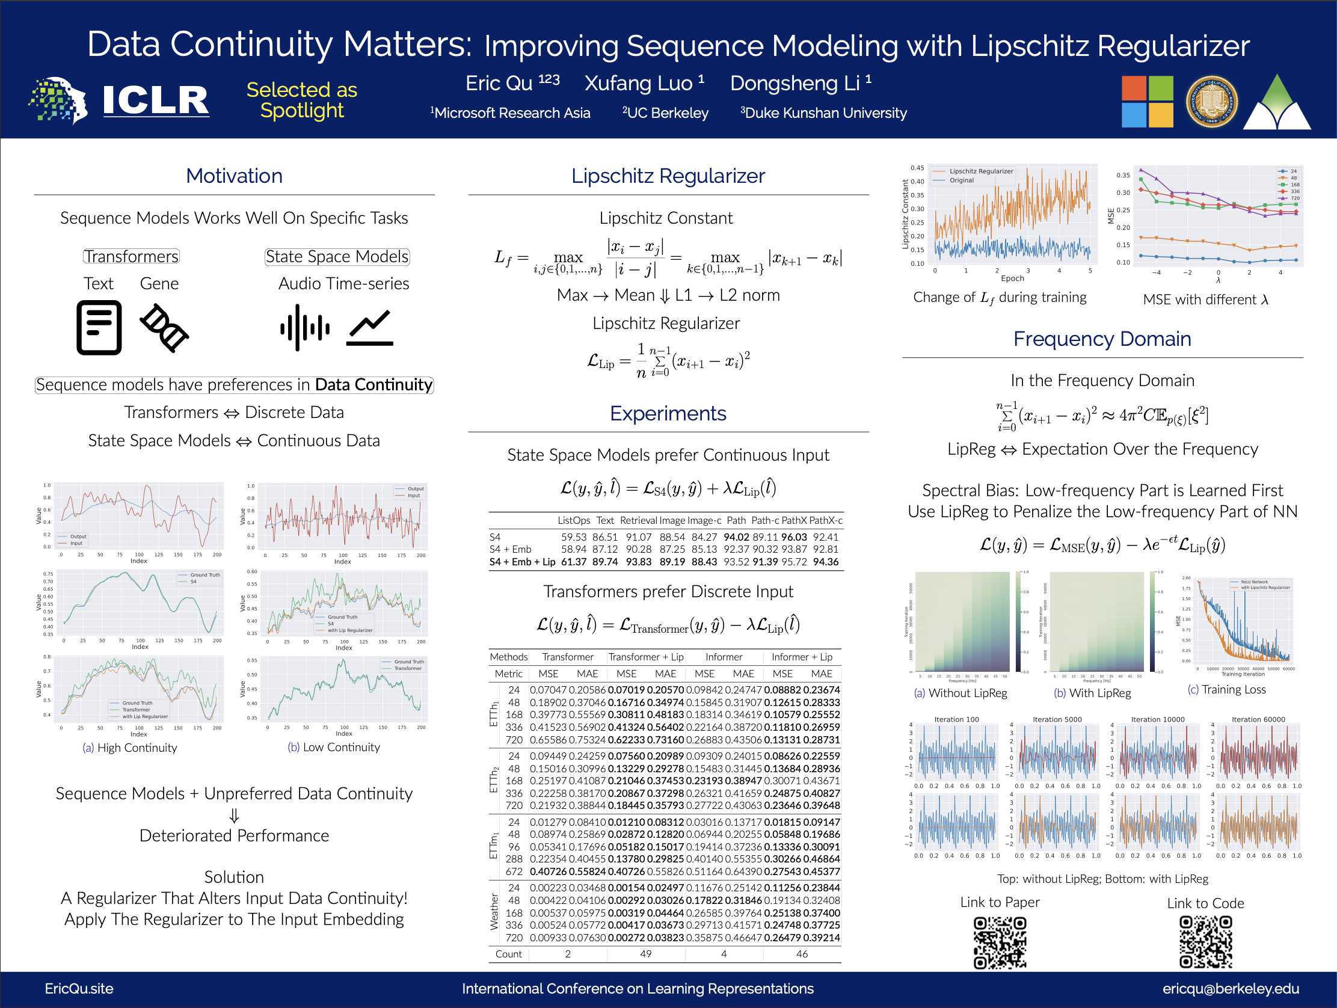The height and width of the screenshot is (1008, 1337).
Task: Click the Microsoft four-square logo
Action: coord(1146,102)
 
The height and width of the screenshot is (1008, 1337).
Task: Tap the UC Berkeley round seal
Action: coord(1211,102)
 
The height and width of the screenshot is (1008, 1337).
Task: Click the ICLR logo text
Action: coord(155,100)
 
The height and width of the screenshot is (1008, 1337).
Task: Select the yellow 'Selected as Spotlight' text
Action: coord(301,100)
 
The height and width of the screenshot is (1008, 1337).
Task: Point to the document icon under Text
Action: coord(99,328)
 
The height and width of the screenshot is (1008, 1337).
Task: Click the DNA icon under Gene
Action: coord(164,328)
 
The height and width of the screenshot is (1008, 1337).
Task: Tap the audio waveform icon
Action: coord(305,328)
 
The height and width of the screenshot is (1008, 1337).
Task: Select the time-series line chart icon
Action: coord(370,328)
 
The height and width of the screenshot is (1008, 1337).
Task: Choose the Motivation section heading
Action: coord(234,176)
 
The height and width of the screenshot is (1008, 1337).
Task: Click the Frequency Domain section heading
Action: coord(1102,339)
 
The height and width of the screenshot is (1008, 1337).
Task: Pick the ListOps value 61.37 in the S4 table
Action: coord(574,562)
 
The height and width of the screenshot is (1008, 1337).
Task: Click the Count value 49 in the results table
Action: coord(645,954)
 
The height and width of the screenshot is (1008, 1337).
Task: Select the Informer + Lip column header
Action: coord(802,657)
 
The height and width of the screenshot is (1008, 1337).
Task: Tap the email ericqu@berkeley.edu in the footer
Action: coord(1230,989)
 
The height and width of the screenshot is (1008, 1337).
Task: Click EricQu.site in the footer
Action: coord(79,989)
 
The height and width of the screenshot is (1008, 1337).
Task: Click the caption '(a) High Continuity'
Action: coord(130,748)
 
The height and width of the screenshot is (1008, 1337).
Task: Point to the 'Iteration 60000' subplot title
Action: coord(1258,719)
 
